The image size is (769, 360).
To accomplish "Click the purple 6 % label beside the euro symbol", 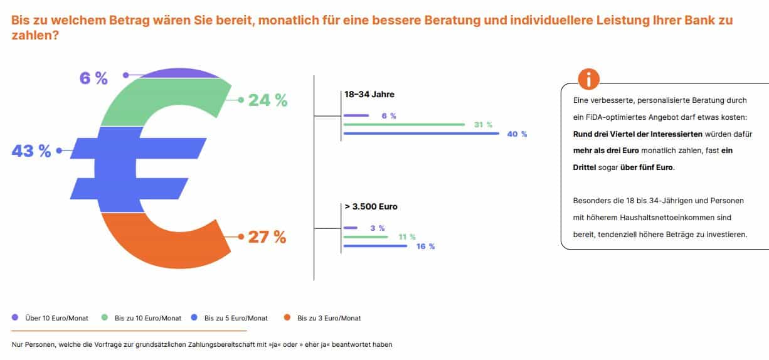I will coord(93,78).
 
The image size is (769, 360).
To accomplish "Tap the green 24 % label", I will coord(268,100).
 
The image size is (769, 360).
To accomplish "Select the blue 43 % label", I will coord(31,151).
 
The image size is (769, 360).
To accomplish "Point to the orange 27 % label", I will coord(267,237).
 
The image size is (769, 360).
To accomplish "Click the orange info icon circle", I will coord(588,80).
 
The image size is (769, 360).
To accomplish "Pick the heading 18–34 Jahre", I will coord(369,94).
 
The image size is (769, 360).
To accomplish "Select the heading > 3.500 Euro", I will coord(371,206).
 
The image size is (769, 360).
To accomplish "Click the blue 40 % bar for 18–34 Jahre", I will coord(421,134).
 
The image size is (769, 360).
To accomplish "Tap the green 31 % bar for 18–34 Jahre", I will coord(404,125).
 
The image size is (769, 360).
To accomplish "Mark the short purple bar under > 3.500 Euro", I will coord(351,228).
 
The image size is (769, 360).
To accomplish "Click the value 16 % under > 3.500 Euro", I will coord(425,246).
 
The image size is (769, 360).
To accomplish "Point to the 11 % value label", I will coord(407,237).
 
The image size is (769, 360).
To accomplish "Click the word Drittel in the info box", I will coord(586,167).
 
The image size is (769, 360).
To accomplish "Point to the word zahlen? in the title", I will coord(35,36).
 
